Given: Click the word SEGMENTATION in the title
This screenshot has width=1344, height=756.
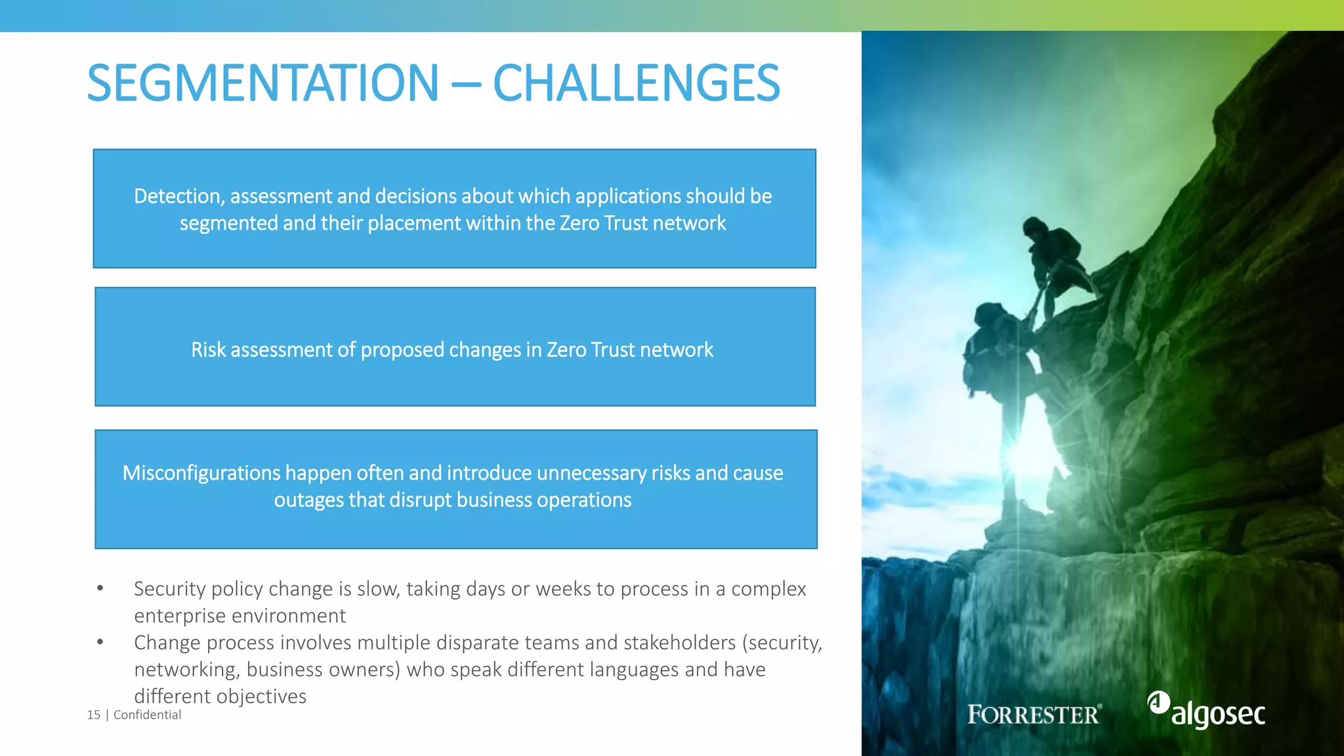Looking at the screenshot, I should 262,83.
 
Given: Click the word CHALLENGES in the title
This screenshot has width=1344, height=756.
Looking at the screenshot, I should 636,83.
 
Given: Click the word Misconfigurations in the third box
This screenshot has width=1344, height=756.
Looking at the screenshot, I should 201,473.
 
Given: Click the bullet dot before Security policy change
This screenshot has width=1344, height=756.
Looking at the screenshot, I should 100,589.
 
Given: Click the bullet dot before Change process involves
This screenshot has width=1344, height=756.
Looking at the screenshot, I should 100,642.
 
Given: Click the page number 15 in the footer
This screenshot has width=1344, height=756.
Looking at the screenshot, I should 94,715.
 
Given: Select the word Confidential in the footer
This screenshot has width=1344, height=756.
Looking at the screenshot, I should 147,715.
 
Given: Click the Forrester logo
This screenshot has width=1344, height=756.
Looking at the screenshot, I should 1034,714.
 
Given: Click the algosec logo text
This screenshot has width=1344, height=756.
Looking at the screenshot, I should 1218,714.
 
